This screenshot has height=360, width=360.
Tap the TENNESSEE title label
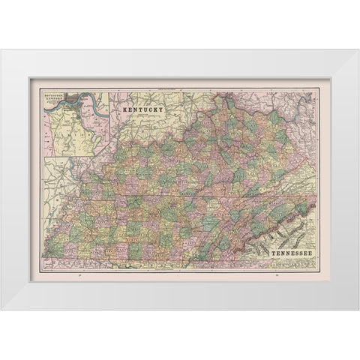point(286,254)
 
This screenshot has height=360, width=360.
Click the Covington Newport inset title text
point(56,98)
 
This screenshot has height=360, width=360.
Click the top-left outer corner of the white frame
point(2,50)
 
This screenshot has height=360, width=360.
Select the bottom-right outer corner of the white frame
point(358,310)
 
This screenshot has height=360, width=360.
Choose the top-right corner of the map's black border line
point(319,89)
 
